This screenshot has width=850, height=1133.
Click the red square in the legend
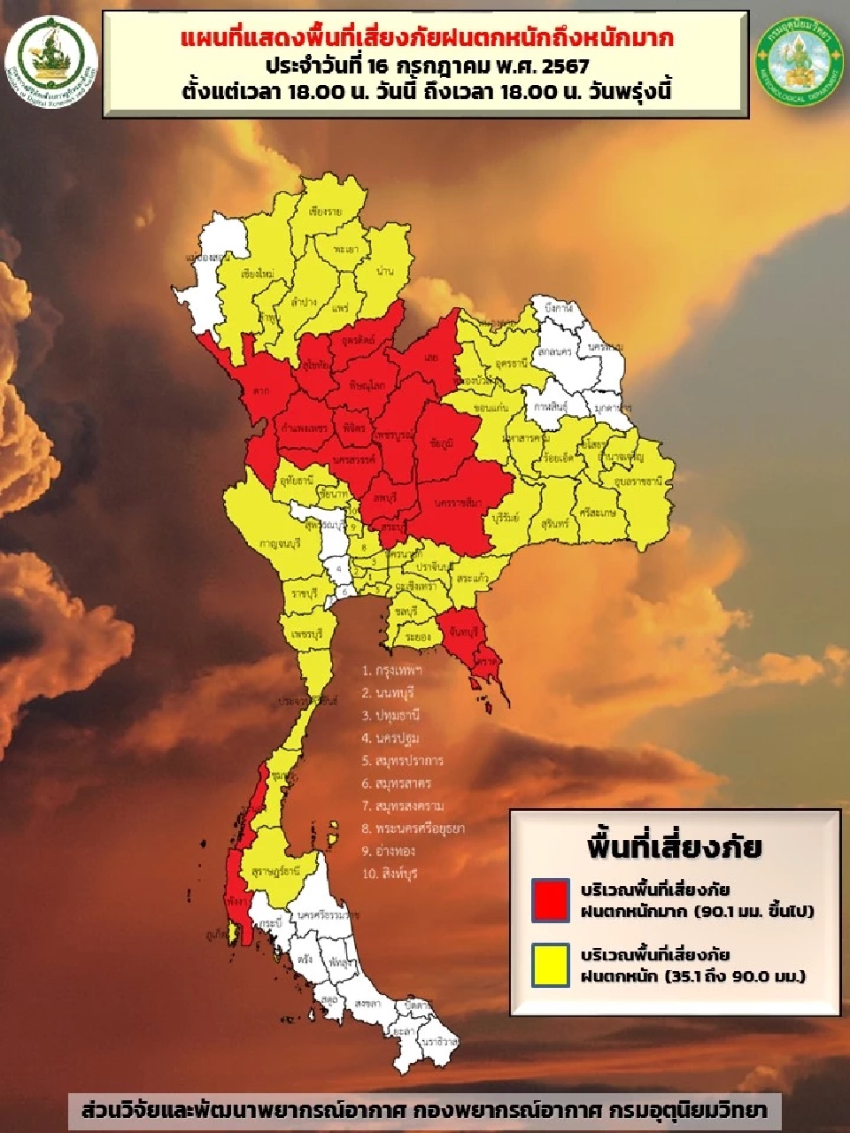(x=551, y=899)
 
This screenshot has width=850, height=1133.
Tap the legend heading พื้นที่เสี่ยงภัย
(x=674, y=846)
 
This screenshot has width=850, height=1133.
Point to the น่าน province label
(x=385, y=270)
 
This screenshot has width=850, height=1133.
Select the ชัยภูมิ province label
(x=440, y=440)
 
